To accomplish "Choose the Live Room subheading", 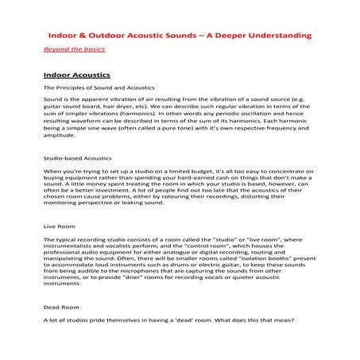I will [60, 226].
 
